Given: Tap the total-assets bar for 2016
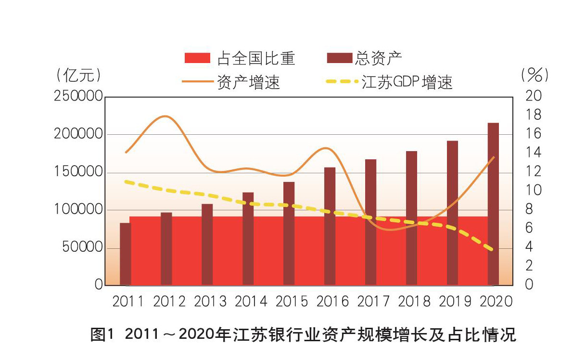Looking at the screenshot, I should [x=330, y=226].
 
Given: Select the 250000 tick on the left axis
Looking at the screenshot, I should [x=78, y=96].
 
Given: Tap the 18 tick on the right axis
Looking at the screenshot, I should [x=534, y=115].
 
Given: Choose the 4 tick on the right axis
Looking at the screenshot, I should [x=530, y=247].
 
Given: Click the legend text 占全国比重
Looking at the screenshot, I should [x=256, y=58].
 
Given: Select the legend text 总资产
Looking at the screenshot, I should [x=379, y=58].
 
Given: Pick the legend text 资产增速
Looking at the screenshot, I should [x=248, y=82].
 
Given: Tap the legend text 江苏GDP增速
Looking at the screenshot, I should [x=407, y=82].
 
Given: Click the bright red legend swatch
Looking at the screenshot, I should [x=197, y=58].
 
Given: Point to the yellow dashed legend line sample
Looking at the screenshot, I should [x=342, y=82].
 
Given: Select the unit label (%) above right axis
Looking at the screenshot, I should [x=535, y=75].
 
